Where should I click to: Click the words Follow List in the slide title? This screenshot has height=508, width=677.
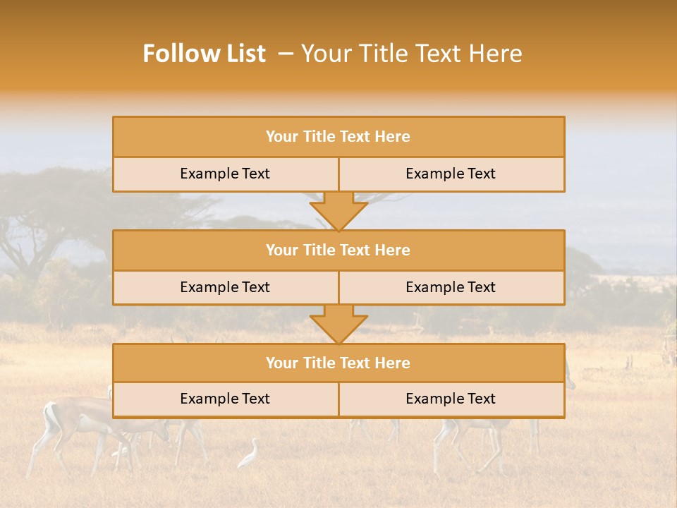pyautogui.click(x=205, y=54)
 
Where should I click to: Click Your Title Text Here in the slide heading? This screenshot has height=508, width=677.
pyautogui.click(x=411, y=54)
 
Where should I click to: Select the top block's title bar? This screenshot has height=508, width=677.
pyautogui.click(x=338, y=137)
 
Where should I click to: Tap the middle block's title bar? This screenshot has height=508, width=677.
pyautogui.click(x=338, y=250)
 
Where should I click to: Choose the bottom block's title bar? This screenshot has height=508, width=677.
pyautogui.click(x=338, y=363)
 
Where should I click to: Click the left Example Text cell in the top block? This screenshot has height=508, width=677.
pyautogui.click(x=225, y=174)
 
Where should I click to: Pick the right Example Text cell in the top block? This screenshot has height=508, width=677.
pyautogui.click(x=451, y=174)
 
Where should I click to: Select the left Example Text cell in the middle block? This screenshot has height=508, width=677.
pyautogui.click(x=225, y=287)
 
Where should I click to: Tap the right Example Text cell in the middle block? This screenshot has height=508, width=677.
pyautogui.click(x=451, y=287)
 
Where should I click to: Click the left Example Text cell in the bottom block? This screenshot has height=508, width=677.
pyautogui.click(x=225, y=399)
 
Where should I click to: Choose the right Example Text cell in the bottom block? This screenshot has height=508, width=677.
pyautogui.click(x=451, y=399)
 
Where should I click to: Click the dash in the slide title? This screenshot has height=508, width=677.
pyautogui.click(x=286, y=54)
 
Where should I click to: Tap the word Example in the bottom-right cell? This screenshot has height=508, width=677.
pyautogui.click(x=429, y=399)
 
